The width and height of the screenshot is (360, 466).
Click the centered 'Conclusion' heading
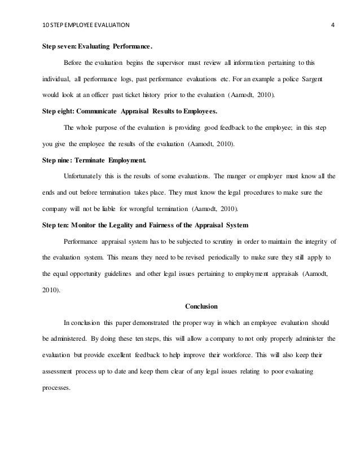point(201,306)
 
